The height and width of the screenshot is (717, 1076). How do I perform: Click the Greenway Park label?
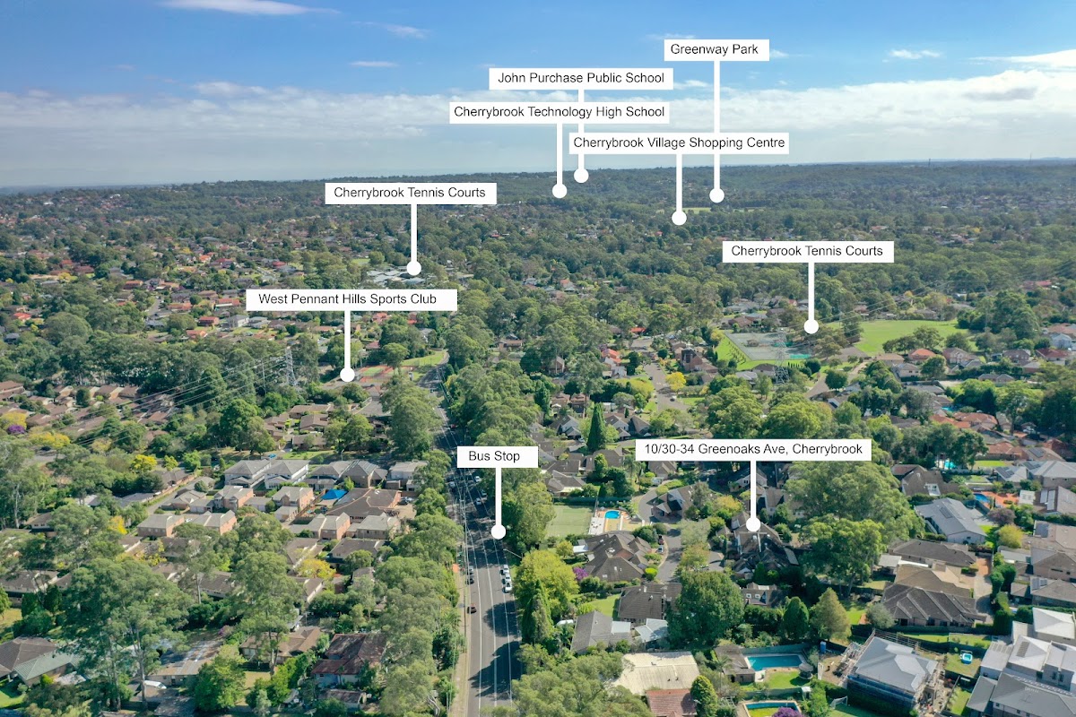pyautogui.click(x=716, y=49)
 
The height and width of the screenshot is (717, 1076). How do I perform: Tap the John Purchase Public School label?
pyautogui.click(x=581, y=78)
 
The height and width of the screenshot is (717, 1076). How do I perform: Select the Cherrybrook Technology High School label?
pyautogui.click(x=560, y=112)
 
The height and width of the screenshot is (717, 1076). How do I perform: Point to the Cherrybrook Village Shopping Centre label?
pyautogui.click(x=679, y=143)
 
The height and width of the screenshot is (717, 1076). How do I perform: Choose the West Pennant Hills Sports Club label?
pyautogui.click(x=351, y=299)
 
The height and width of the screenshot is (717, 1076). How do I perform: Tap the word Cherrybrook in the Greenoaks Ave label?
pyautogui.click(x=822, y=449)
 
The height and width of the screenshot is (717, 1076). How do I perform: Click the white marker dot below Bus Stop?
pyautogui.click(x=498, y=531)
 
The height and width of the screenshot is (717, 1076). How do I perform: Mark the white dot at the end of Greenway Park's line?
pyautogui.click(x=716, y=195)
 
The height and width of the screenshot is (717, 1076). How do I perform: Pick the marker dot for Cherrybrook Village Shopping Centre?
pyautogui.click(x=679, y=218)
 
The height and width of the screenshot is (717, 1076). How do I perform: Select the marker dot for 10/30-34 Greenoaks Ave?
pyautogui.click(x=753, y=524)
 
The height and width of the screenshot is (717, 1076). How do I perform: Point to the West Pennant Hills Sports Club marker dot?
pyautogui.click(x=347, y=375)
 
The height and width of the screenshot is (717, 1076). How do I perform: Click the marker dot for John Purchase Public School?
pyautogui.click(x=581, y=176)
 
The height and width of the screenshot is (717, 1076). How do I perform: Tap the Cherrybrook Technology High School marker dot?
pyautogui.click(x=560, y=190)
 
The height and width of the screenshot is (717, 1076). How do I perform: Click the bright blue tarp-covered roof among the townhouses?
pyautogui.click(x=334, y=494)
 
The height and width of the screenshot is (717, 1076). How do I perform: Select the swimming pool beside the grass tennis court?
pyautogui.click(x=612, y=515)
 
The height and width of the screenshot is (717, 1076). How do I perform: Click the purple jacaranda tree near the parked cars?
pyautogui.click(x=582, y=572)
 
